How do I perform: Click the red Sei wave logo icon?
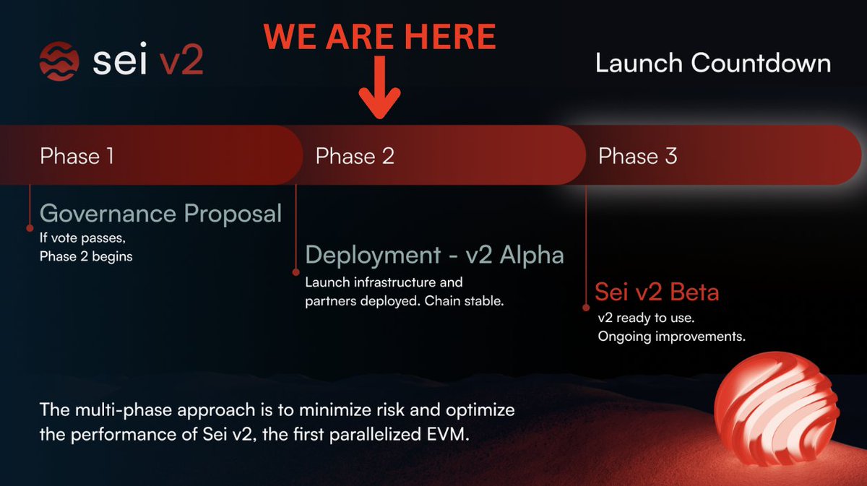(60, 60)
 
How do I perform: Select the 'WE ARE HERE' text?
(379, 36)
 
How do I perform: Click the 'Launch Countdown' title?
(712, 64)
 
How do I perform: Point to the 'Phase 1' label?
(77, 155)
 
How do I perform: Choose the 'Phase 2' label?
(355, 155)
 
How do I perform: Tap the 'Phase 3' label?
(637, 155)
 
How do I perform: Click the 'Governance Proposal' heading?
(160, 214)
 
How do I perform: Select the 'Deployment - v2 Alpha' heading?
(434, 255)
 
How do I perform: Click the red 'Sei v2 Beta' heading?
(657, 292)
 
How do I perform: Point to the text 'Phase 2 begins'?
(86, 256)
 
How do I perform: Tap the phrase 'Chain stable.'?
(467, 300)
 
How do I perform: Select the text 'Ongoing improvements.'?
(671, 337)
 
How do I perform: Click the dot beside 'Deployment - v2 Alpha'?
(296, 272)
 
